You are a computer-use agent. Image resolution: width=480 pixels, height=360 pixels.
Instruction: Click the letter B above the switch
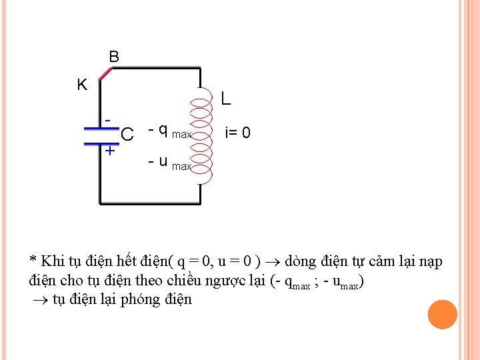[x=114, y=57]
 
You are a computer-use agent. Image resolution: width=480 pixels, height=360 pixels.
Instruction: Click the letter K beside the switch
[x=82, y=85]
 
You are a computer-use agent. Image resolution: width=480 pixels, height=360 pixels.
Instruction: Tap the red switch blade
[x=106, y=73]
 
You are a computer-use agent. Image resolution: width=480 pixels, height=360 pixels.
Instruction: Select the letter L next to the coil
[x=226, y=99]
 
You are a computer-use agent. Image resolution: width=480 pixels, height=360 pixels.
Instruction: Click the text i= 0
[x=238, y=134]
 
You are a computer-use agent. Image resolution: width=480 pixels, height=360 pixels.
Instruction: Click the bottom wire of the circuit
[x=150, y=202]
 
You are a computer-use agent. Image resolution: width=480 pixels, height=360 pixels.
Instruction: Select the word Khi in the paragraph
[x=52, y=261]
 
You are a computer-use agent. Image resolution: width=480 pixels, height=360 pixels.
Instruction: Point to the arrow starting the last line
[x=38, y=300]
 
